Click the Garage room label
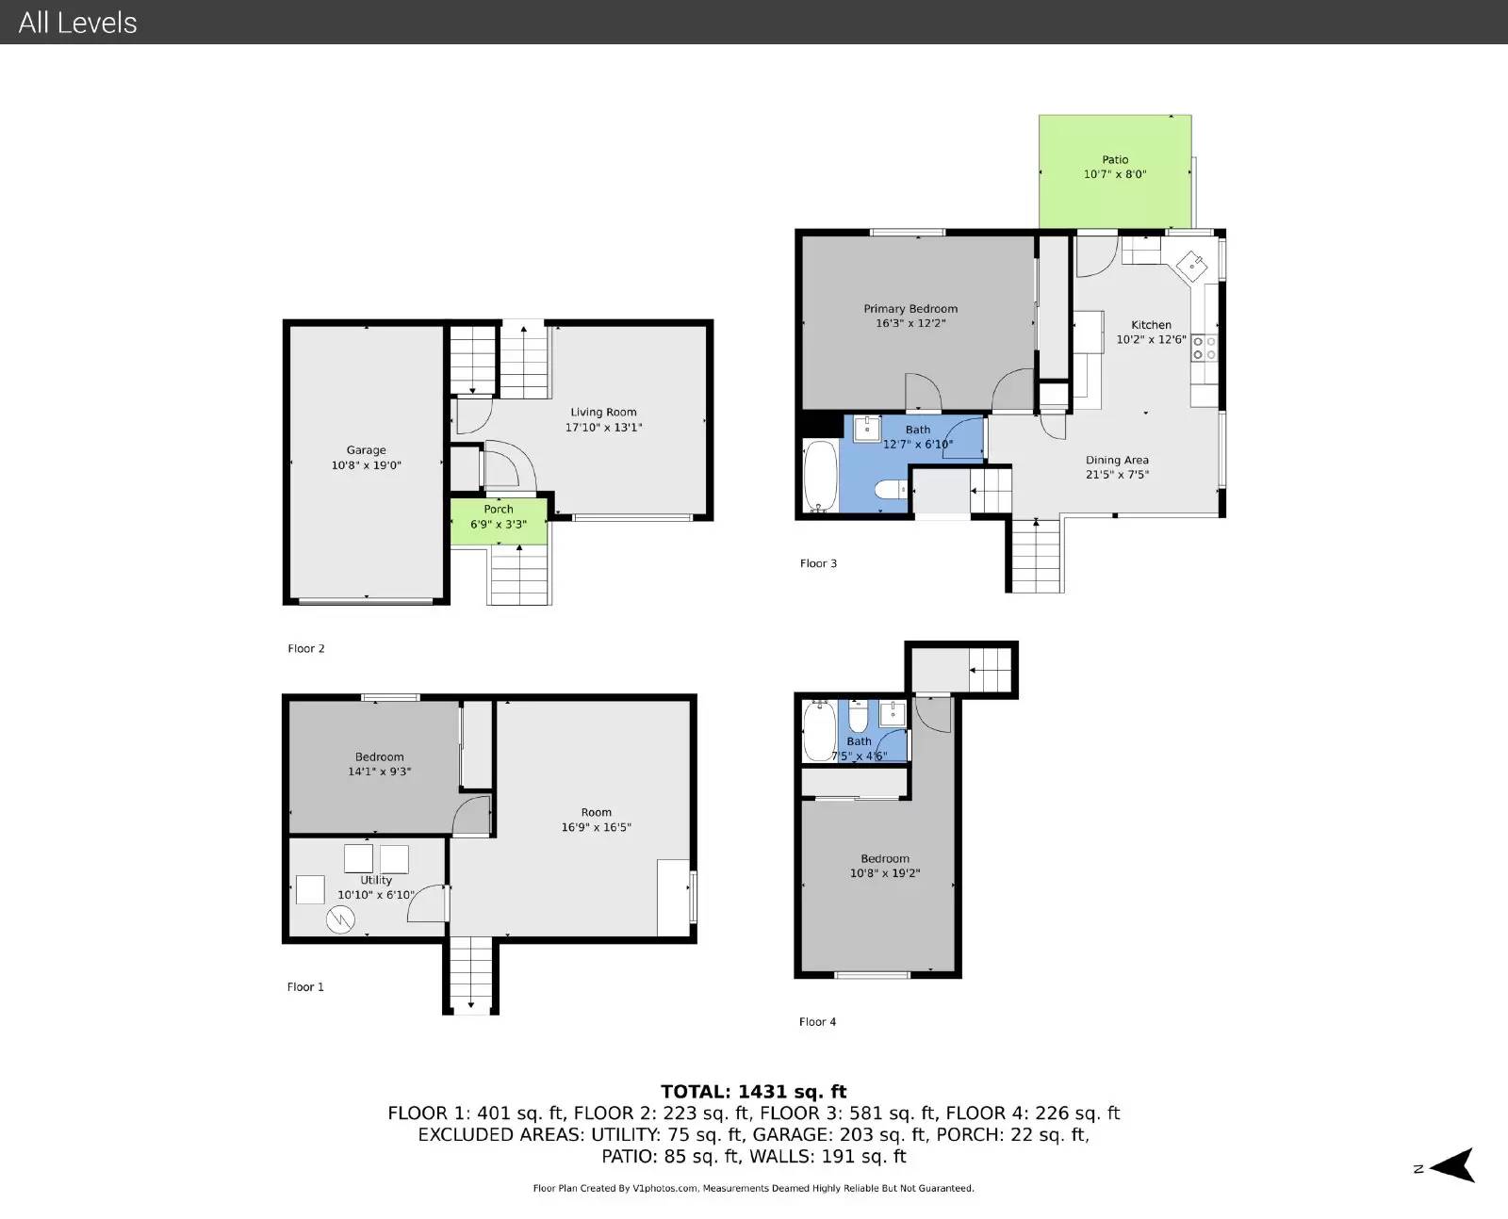click(x=366, y=450)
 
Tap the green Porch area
click(x=500, y=521)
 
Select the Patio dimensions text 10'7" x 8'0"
click(x=1115, y=174)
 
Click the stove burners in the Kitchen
click(x=1205, y=348)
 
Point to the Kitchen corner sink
click(x=1191, y=266)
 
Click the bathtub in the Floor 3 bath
click(x=821, y=476)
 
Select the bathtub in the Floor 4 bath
click(x=819, y=731)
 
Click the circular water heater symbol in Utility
click(x=340, y=919)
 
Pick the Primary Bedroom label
click(x=910, y=308)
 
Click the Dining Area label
click(x=1117, y=460)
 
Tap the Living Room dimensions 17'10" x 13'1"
click(x=603, y=428)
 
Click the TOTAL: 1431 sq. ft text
click(x=753, y=1092)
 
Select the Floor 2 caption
click(x=306, y=649)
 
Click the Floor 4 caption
click(x=817, y=1021)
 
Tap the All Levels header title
click(x=78, y=23)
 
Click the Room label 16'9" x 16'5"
click(x=596, y=820)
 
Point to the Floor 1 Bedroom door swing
click(x=471, y=815)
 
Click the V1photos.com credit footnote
click(x=753, y=1188)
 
